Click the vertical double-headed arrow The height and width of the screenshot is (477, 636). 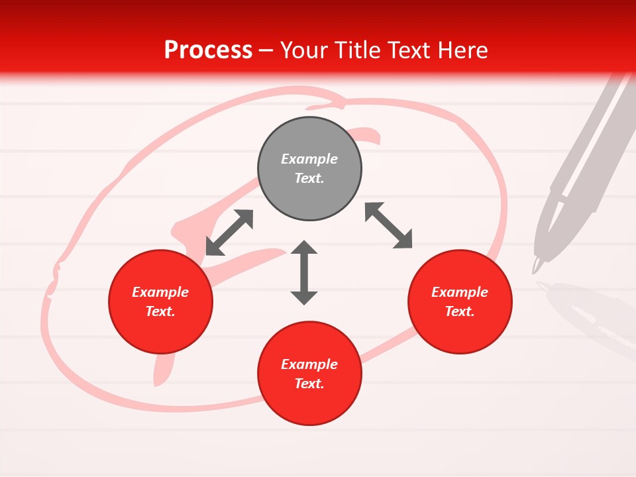(304, 272)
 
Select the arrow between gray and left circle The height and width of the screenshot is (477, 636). (230, 233)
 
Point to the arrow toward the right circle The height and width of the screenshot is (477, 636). (389, 226)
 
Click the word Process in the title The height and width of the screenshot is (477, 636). (208, 50)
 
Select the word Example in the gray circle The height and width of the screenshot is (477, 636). (309, 159)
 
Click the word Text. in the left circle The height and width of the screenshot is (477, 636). (160, 311)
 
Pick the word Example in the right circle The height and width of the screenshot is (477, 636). (460, 292)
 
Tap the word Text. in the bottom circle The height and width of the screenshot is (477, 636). (309, 384)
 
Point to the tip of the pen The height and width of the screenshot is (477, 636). (535, 270)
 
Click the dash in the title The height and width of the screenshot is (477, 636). (266, 50)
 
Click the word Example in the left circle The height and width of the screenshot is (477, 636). (160, 292)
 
